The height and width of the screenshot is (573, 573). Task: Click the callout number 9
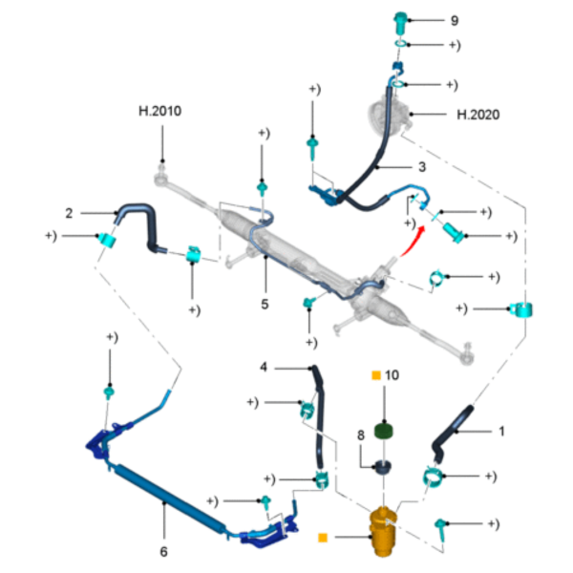click(x=455, y=20)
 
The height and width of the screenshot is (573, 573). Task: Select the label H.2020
click(x=478, y=115)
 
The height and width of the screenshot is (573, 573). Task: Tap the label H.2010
click(x=159, y=111)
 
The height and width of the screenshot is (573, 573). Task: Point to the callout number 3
click(x=422, y=167)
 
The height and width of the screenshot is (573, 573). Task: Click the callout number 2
click(x=69, y=213)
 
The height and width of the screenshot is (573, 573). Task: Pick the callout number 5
click(x=265, y=304)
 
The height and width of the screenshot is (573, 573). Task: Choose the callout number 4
click(x=264, y=367)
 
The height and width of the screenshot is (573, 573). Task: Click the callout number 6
click(x=163, y=551)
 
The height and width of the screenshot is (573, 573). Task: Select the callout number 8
click(x=361, y=435)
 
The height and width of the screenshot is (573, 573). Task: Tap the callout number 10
click(x=392, y=375)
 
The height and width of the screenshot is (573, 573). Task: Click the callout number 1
click(x=501, y=432)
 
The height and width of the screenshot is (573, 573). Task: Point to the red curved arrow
click(x=414, y=242)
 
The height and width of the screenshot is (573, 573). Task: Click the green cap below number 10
click(x=384, y=431)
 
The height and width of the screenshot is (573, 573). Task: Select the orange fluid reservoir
click(x=383, y=531)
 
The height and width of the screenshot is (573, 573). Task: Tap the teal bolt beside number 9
click(x=400, y=22)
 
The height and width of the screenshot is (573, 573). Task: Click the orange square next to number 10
click(x=376, y=375)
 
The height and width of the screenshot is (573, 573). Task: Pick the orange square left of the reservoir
click(x=323, y=538)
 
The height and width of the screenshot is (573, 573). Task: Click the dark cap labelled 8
click(x=383, y=467)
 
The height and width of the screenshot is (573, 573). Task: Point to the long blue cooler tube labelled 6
click(x=170, y=499)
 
